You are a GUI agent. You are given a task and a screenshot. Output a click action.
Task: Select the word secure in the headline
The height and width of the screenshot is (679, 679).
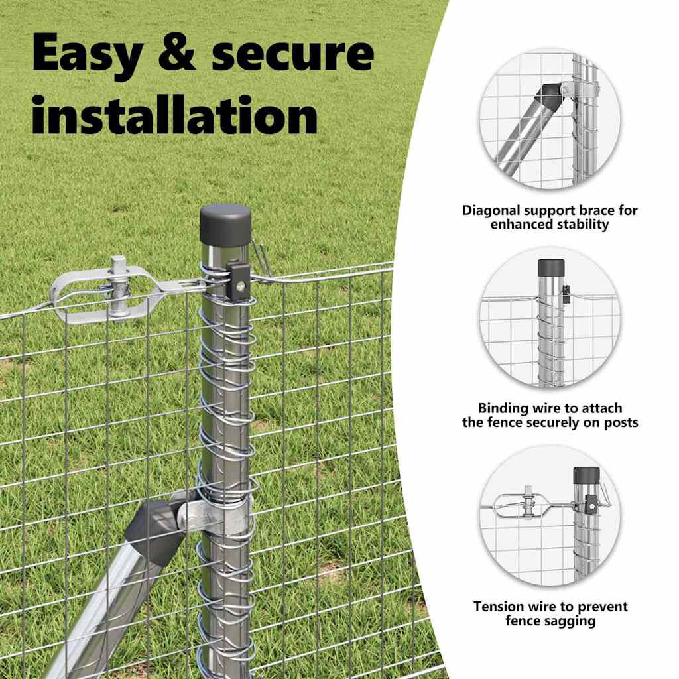(x=292, y=53)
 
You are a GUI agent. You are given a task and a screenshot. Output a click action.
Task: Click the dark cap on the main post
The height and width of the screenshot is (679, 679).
(x=225, y=225)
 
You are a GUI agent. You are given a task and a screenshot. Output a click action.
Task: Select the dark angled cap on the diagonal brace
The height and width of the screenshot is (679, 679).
(x=154, y=533)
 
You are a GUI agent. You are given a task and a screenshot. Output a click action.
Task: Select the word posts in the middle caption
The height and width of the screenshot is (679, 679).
(x=621, y=422)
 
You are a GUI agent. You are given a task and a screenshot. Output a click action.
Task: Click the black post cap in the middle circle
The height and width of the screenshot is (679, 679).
(x=551, y=268)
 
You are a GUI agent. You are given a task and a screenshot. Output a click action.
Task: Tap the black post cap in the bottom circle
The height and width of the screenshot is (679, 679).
(x=586, y=475)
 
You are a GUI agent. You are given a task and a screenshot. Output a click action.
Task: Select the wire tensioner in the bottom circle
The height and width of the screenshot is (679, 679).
(x=529, y=505)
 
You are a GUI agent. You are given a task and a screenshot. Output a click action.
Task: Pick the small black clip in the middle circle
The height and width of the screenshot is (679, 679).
(x=566, y=294)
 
